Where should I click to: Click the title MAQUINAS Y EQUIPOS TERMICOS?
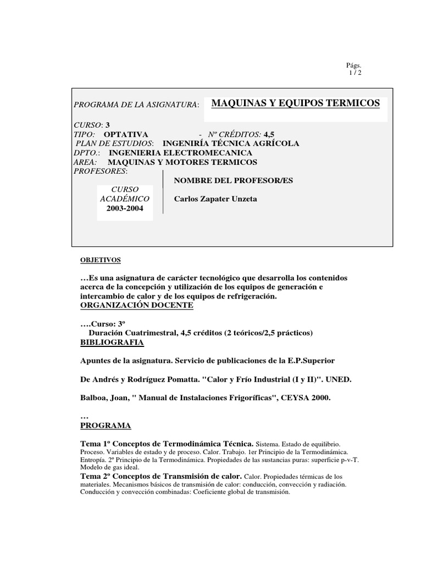point(296,103)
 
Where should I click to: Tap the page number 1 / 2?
point(355,73)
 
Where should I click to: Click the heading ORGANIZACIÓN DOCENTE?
point(137,304)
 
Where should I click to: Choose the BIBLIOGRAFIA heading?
point(112,343)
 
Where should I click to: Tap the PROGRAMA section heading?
point(105,426)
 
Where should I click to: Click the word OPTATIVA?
point(126,134)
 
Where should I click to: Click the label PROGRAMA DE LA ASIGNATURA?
point(136,104)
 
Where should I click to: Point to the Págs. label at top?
point(354,65)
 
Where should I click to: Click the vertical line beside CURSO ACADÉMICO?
point(163,192)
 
